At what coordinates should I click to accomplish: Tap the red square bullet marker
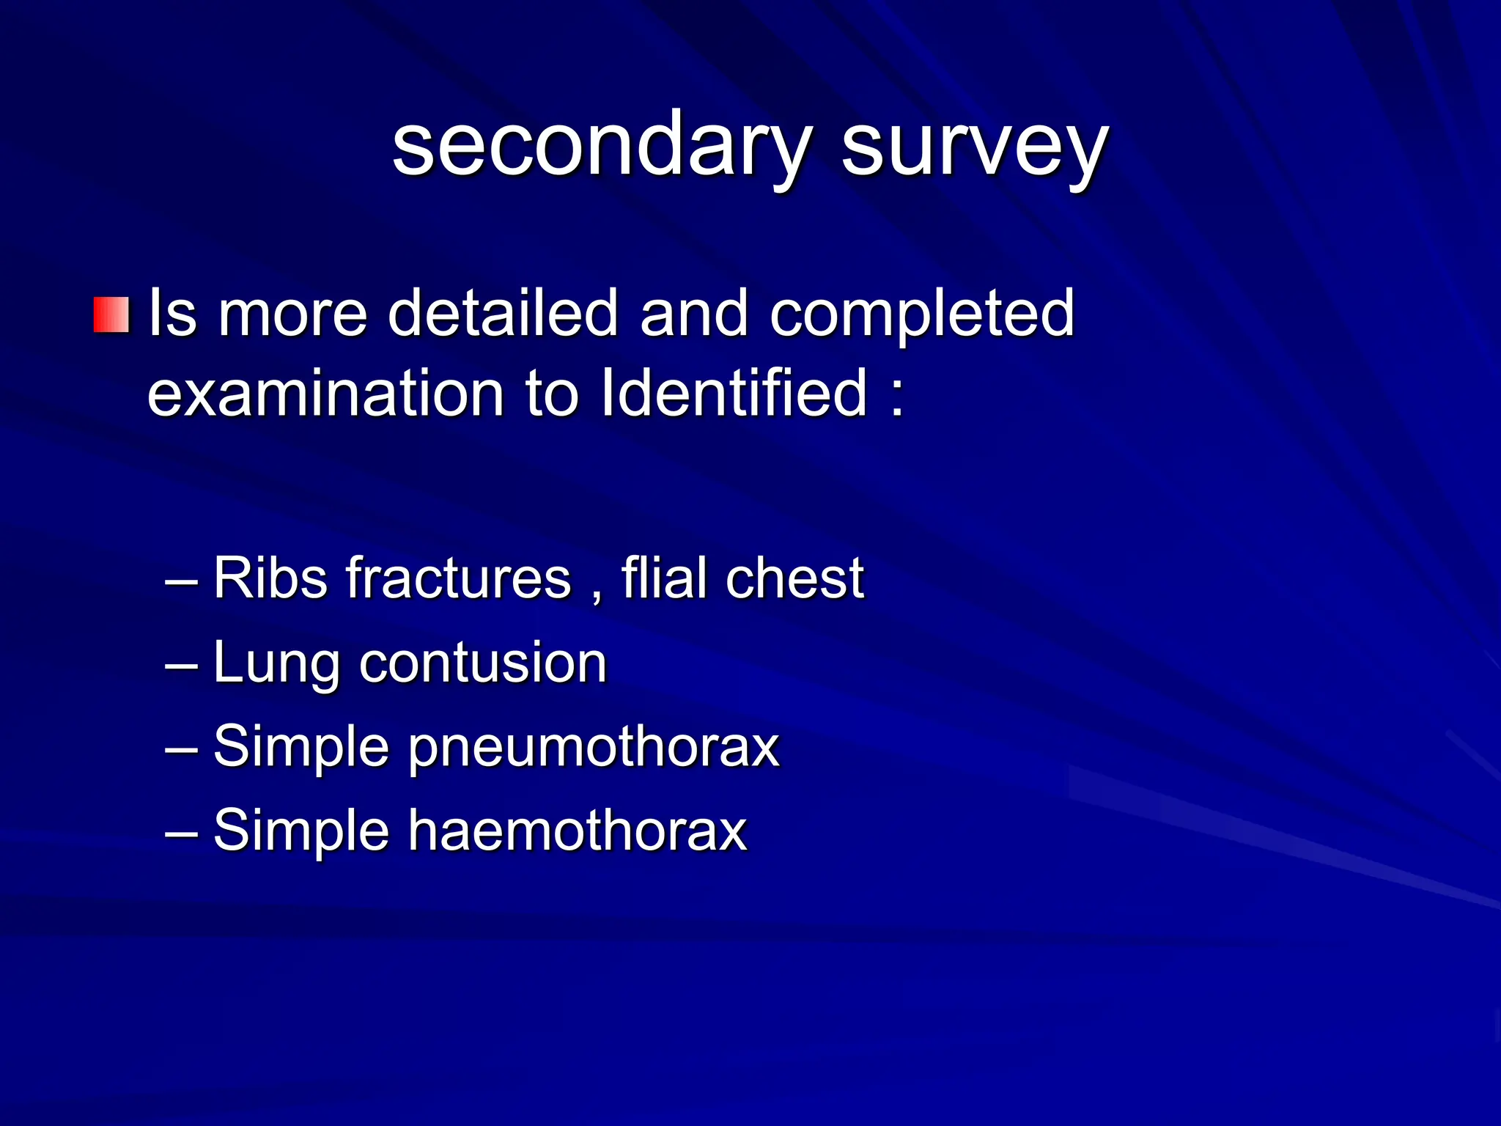111,314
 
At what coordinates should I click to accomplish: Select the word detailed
503,313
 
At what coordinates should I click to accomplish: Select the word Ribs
270,578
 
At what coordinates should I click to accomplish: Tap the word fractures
458,578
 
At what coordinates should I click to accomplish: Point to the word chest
794,578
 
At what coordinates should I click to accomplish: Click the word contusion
483,663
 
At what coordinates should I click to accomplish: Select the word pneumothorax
594,747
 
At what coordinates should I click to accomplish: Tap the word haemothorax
578,831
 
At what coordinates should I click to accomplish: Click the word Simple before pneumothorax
300,747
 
